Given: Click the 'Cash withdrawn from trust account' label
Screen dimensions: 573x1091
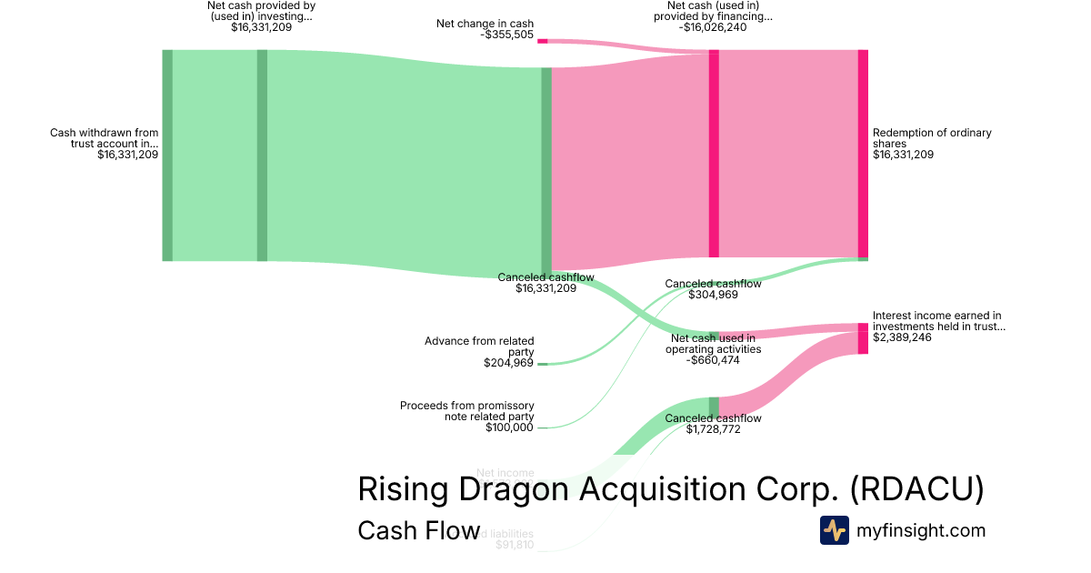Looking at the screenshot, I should coord(104,138).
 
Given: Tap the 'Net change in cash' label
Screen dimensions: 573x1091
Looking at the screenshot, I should coord(485,24).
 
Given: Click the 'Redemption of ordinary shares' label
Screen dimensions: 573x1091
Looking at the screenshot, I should coord(932,138).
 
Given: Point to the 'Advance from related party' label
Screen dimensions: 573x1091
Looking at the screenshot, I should coord(479,347).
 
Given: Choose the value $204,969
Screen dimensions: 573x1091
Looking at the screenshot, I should coord(508,363).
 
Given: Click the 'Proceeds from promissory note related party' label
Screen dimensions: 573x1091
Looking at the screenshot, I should coord(467,411).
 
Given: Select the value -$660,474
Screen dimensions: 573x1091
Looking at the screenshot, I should coord(714,360).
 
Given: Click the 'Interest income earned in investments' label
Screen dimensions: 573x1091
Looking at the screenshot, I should coord(939,321).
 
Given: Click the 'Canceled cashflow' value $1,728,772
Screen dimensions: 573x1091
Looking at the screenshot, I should coord(714,429).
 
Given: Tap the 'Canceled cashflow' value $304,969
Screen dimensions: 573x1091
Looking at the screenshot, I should coord(714,295).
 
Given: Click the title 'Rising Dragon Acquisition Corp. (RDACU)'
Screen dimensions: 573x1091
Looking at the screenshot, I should coord(671,489).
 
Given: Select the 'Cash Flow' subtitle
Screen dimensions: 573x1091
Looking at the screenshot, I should coord(418,530).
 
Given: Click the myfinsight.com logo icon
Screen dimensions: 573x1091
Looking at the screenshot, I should coord(834,530).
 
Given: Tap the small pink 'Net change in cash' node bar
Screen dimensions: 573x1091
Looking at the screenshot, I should coord(542,41).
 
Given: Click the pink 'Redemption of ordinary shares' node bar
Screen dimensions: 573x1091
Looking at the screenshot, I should coord(863,155).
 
